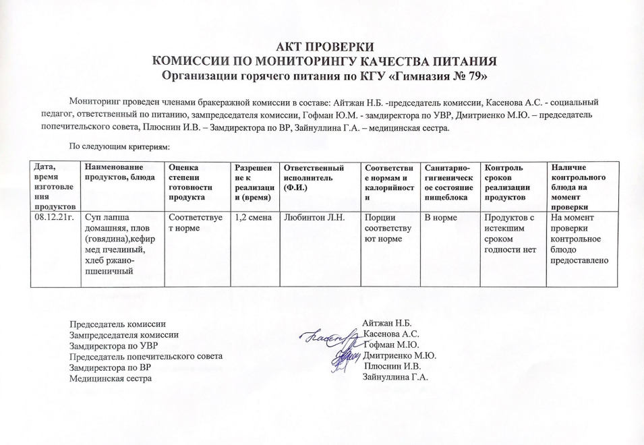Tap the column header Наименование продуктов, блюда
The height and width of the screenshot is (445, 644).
click(119, 172)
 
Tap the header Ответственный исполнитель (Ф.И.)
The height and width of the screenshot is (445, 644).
click(315, 177)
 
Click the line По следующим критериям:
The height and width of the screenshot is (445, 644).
click(119, 146)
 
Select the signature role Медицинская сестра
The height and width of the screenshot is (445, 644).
click(111, 378)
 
